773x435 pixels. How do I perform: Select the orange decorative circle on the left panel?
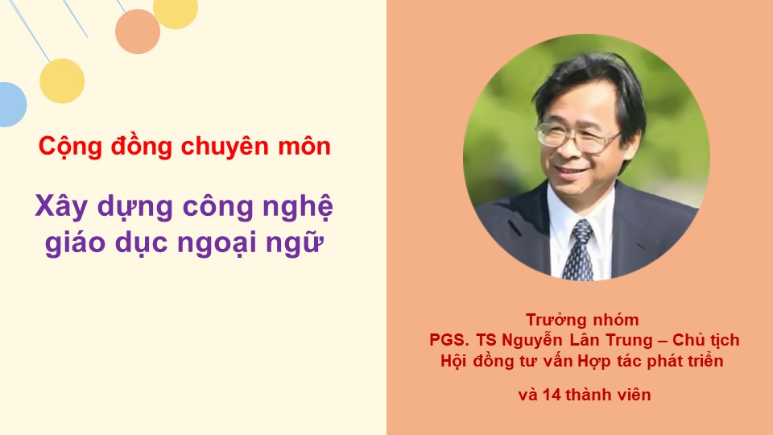click(138, 31)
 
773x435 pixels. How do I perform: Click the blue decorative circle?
click(12, 105)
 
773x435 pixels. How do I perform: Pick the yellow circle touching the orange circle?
click(176, 12)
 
